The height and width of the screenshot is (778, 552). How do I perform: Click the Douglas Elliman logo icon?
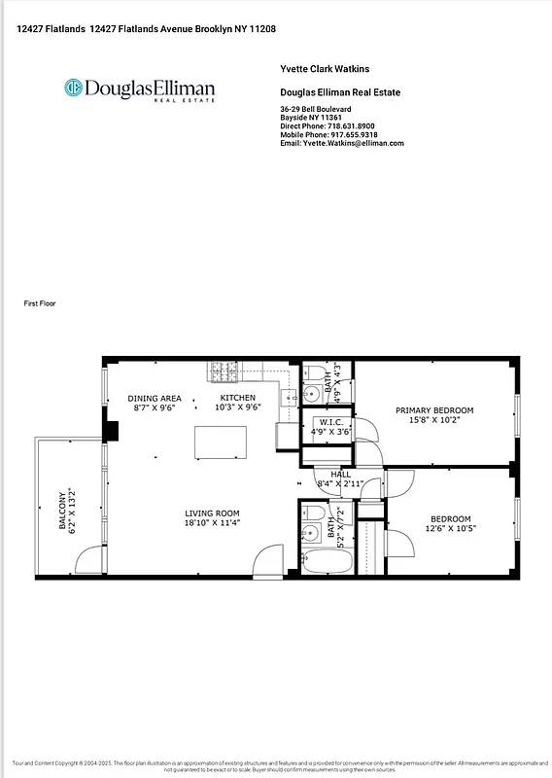[72, 88]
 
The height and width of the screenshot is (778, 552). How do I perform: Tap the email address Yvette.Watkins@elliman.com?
[341, 143]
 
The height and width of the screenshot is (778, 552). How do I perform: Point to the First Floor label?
[40, 304]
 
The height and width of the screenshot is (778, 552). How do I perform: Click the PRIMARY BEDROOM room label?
[434, 410]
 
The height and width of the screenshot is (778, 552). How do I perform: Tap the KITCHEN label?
[237, 398]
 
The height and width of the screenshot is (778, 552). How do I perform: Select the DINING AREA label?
[155, 398]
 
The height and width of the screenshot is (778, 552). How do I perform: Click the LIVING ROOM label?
[213, 513]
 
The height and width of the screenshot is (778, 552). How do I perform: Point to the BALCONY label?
[63, 511]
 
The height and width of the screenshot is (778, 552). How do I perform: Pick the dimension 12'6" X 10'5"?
[450, 528]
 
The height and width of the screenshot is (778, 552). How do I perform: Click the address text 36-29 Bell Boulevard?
[315, 109]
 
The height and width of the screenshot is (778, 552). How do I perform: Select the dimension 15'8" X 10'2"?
[434, 420]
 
